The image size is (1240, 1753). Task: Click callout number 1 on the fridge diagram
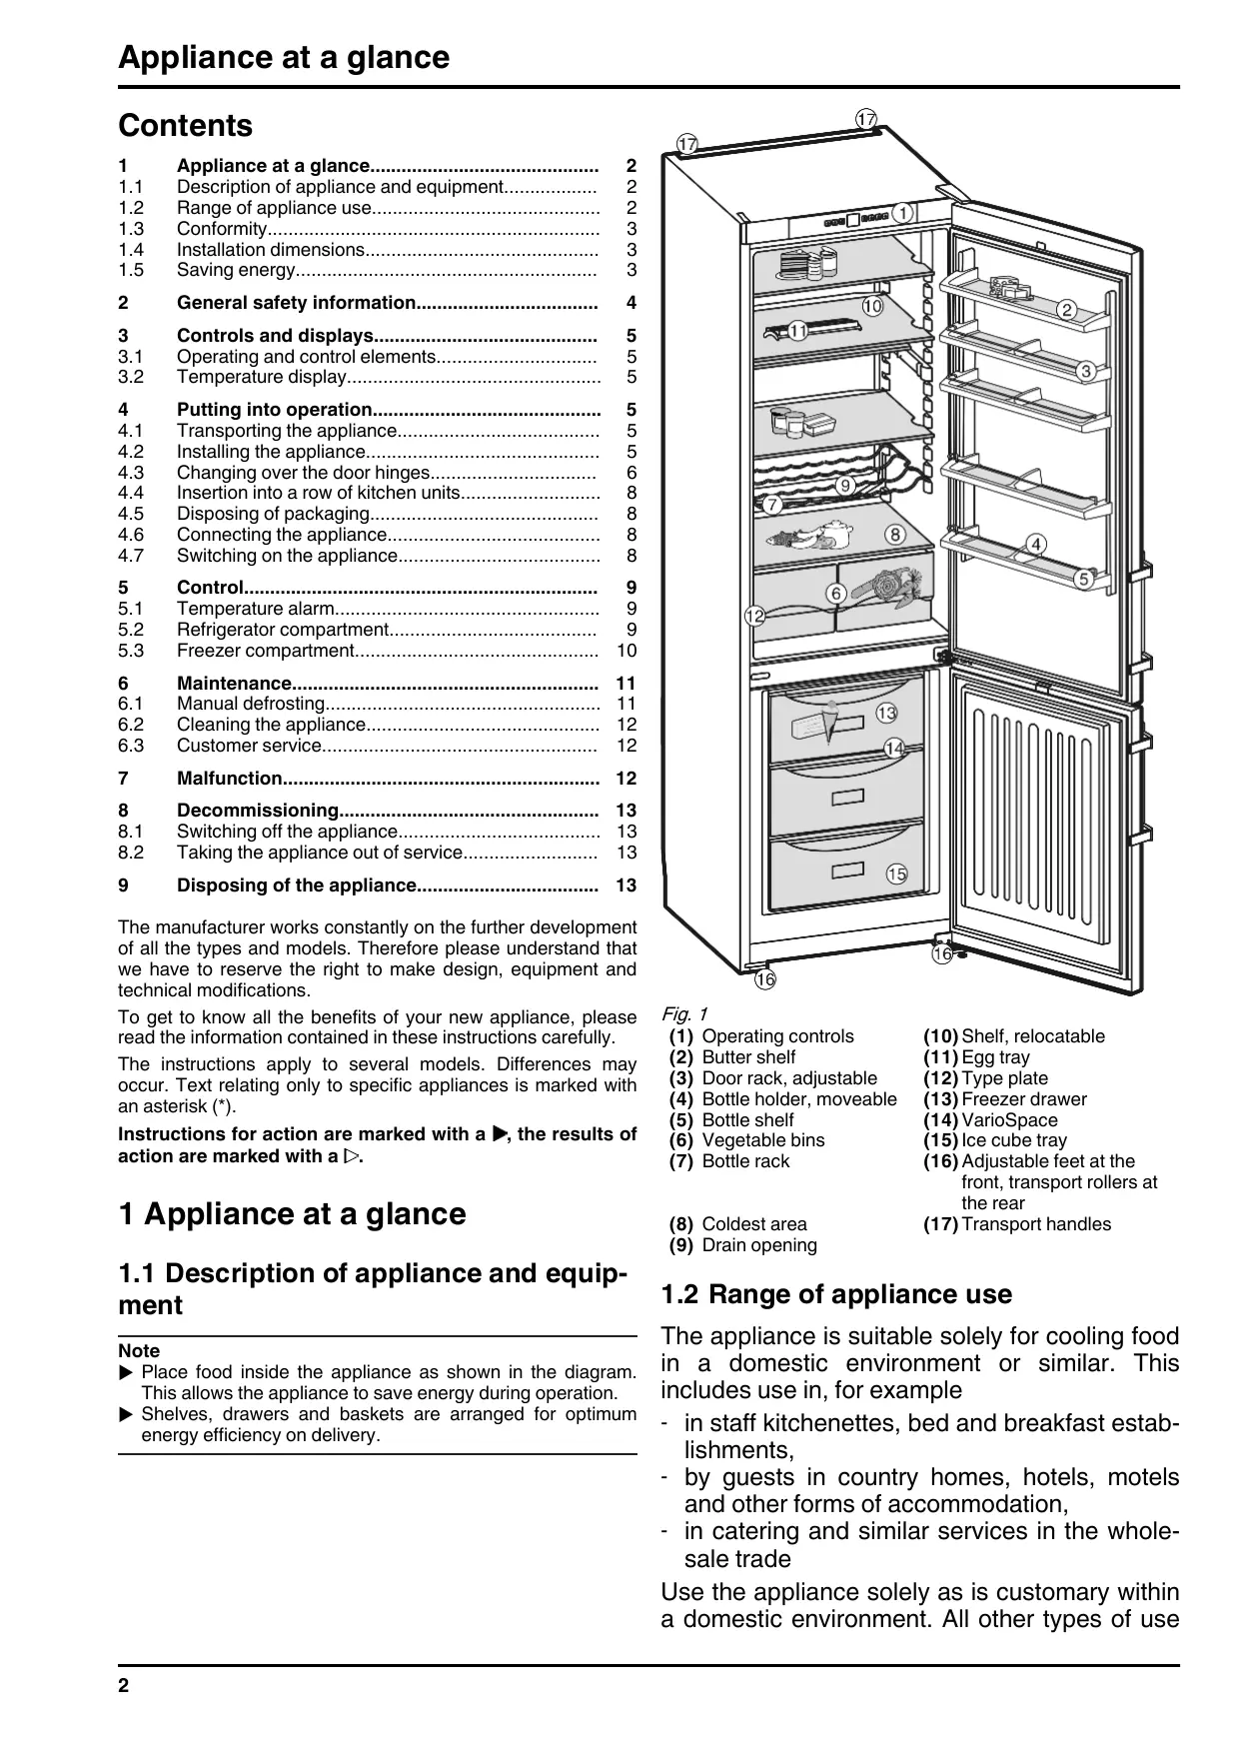pyautogui.click(x=901, y=213)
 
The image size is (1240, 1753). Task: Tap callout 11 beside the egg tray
pyautogui.click(x=797, y=331)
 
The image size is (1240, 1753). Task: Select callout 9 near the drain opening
pyautogui.click(x=845, y=485)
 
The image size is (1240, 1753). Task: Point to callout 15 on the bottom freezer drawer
pyautogui.click(x=896, y=875)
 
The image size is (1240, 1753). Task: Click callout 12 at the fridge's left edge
pyautogui.click(x=754, y=617)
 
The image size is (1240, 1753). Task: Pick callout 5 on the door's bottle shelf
pyautogui.click(x=1084, y=579)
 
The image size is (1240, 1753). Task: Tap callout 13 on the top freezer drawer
pyautogui.click(x=886, y=713)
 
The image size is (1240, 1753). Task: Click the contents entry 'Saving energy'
pyautogui.click(x=236, y=270)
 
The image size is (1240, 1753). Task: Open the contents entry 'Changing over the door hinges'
pyautogui.click(x=303, y=473)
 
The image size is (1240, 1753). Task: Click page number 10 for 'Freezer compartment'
pyautogui.click(x=626, y=651)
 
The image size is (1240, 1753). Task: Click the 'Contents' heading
pyautogui.click(x=186, y=126)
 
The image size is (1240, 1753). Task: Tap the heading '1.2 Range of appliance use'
pyautogui.click(x=836, y=1294)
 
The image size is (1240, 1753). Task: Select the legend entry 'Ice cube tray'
pyautogui.click(x=1014, y=1140)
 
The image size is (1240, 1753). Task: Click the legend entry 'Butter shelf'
pyautogui.click(x=748, y=1057)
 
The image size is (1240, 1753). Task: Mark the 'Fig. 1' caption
pyautogui.click(x=684, y=1014)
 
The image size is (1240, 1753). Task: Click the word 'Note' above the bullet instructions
pyautogui.click(x=139, y=1351)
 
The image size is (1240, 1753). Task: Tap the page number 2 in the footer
pyautogui.click(x=124, y=1686)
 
